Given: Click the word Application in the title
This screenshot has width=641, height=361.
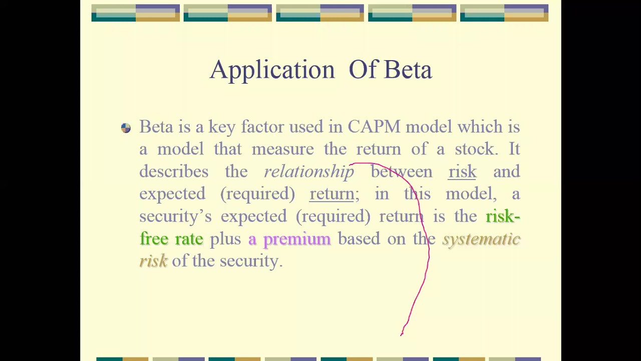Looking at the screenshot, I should [x=272, y=70].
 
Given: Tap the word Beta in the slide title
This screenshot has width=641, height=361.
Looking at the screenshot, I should [x=408, y=70].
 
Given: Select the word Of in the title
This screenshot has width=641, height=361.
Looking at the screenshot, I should [x=363, y=70].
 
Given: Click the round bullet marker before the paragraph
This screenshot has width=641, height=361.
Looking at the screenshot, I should [x=126, y=128].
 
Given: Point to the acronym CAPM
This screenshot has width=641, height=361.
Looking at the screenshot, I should [x=374, y=127].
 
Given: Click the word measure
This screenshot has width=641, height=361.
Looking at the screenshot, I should [x=282, y=149].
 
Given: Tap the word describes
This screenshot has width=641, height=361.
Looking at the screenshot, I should [x=173, y=171].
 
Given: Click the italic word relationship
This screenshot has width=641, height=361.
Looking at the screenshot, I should [x=308, y=171].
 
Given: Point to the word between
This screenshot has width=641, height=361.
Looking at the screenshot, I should [x=401, y=171].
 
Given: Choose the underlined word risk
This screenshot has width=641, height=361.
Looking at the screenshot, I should [x=462, y=171].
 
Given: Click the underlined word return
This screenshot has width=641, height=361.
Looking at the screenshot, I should [x=332, y=194].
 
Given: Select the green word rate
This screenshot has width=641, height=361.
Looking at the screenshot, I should [x=189, y=239].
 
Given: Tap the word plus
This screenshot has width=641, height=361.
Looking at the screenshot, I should [x=225, y=239].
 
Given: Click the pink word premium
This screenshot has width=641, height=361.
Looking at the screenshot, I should [x=296, y=239].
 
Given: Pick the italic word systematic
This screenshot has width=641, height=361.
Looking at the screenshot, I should [x=481, y=239].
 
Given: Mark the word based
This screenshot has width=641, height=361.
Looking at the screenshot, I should [x=359, y=239].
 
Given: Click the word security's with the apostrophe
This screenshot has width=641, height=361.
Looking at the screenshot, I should [x=175, y=217].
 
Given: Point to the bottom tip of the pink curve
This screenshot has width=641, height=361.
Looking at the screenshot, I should [x=402, y=334].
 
